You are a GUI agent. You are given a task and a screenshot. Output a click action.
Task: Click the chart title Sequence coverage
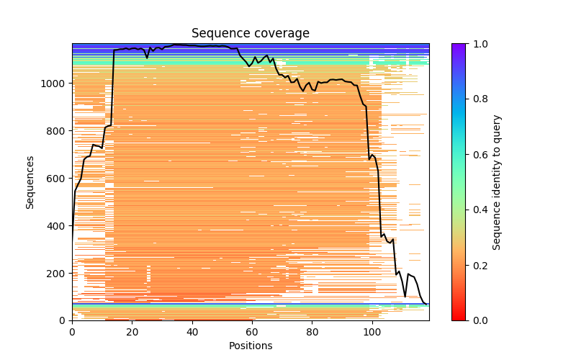coord(251,34)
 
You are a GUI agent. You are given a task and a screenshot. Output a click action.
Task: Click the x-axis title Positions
coord(251,346)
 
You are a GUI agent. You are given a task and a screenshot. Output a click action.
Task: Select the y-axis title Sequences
coord(30,181)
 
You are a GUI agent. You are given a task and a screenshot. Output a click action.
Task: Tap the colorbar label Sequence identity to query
coord(497,181)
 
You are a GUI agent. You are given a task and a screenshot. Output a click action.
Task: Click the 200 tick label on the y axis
coord(58,274)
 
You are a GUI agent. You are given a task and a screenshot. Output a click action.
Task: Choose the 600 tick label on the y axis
coord(58,179)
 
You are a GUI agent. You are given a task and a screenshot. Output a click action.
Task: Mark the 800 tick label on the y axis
coord(58,131)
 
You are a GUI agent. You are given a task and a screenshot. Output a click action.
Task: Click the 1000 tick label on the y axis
coord(55,84)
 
